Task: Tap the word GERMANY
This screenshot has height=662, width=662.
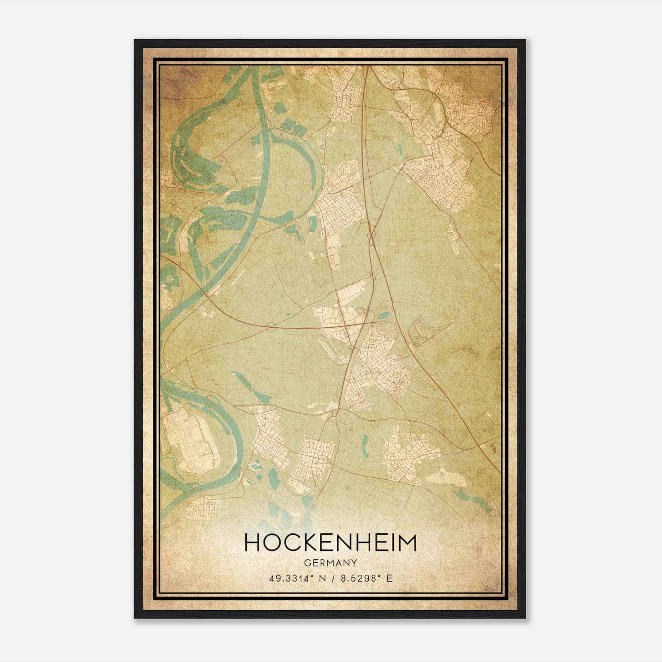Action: point(331,563)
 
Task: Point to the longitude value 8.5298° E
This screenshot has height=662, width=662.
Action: point(366,578)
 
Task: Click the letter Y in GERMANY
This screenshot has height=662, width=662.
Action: point(354,563)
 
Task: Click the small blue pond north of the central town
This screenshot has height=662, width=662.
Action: point(383,316)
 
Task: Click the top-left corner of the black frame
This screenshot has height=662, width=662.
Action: point(135,40)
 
